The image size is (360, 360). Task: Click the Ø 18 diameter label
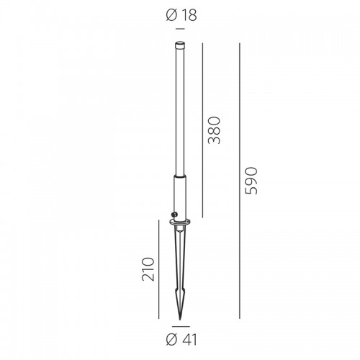click(x=181, y=15)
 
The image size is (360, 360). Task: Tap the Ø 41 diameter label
click(x=181, y=340)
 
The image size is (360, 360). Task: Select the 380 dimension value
click(x=214, y=130)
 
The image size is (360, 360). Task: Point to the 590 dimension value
click(x=251, y=181)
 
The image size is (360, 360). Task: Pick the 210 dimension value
click(x=148, y=269)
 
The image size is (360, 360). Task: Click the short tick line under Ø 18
click(x=180, y=29)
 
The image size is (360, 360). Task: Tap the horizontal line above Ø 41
click(x=181, y=326)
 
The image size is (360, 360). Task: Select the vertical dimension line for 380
click(x=202, y=130)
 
